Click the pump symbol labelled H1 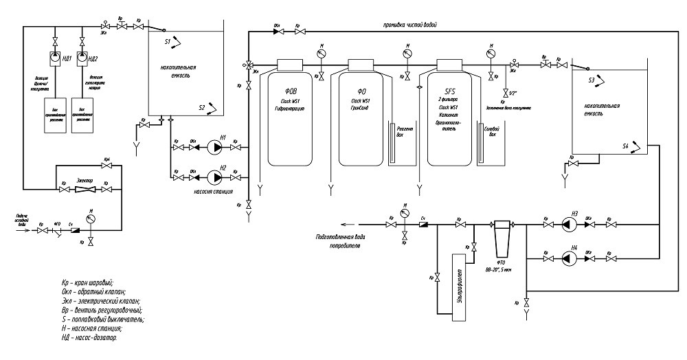[x=216, y=147]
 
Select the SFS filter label [x=451, y=91]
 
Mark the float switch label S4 [x=625, y=146]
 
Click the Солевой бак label [x=491, y=131]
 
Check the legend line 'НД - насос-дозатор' [x=89, y=337]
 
